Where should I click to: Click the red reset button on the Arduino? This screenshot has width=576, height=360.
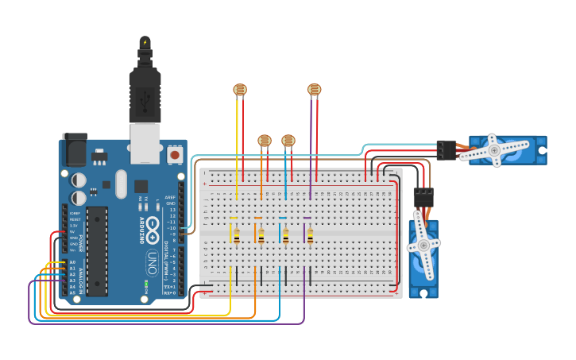point(174,155)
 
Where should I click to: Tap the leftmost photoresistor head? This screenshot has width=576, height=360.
point(240,90)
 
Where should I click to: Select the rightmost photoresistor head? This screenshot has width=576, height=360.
point(314,90)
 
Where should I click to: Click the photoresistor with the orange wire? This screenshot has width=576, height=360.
point(265,141)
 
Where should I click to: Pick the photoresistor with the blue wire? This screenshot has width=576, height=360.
point(288,141)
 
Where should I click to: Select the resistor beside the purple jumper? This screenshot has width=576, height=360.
point(310,235)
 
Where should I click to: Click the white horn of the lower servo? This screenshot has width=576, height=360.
point(423,246)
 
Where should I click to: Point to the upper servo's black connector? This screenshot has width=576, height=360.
point(446,149)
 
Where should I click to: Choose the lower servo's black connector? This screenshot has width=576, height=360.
point(423,197)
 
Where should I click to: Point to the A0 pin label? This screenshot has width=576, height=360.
point(72,261)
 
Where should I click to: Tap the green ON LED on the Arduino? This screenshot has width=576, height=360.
point(146,282)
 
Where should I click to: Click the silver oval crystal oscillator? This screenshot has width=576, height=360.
point(121,184)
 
